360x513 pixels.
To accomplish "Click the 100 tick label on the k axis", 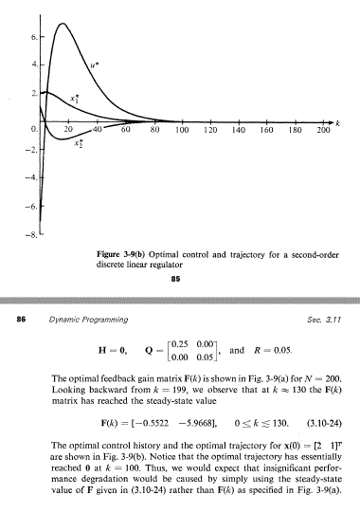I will pos(181,128).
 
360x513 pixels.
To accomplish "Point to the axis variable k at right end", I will pos(337,122).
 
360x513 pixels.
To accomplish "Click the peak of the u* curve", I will pos(63,23).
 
